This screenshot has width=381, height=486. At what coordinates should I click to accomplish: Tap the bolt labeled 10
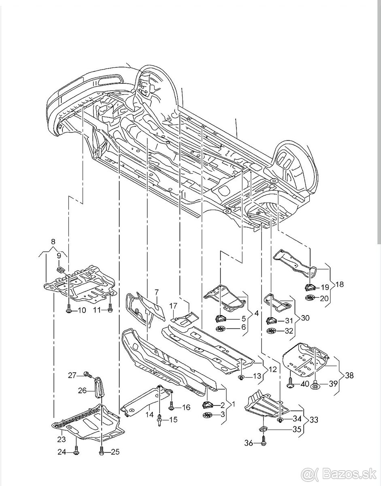pyautogui.click(x=68, y=310)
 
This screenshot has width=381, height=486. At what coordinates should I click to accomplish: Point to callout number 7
pyautogui.click(x=156, y=292)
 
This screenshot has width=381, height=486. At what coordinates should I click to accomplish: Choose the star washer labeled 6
pyautogui.click(x=221, y=328)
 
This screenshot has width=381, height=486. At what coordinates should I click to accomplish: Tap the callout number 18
pyautogui.click(x=339, y=284)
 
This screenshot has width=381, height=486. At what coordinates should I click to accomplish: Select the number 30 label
pyautogui.click(x=304, y=318)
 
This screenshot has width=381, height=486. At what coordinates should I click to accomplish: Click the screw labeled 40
pyautogui.click(x=291, y=384)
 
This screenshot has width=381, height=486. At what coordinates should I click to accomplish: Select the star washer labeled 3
pyautogui.click(x=207, y=415)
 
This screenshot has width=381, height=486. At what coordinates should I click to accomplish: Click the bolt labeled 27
pyautogui.click(x=87, y=375)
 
